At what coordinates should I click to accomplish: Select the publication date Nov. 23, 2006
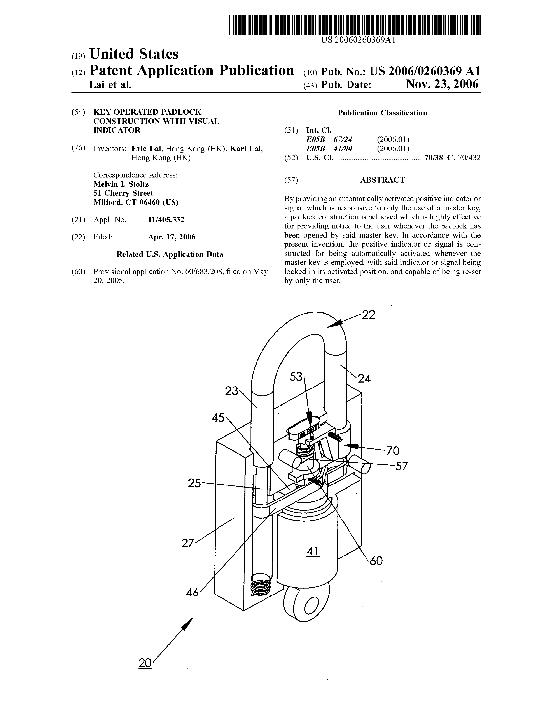tap(442, 84)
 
